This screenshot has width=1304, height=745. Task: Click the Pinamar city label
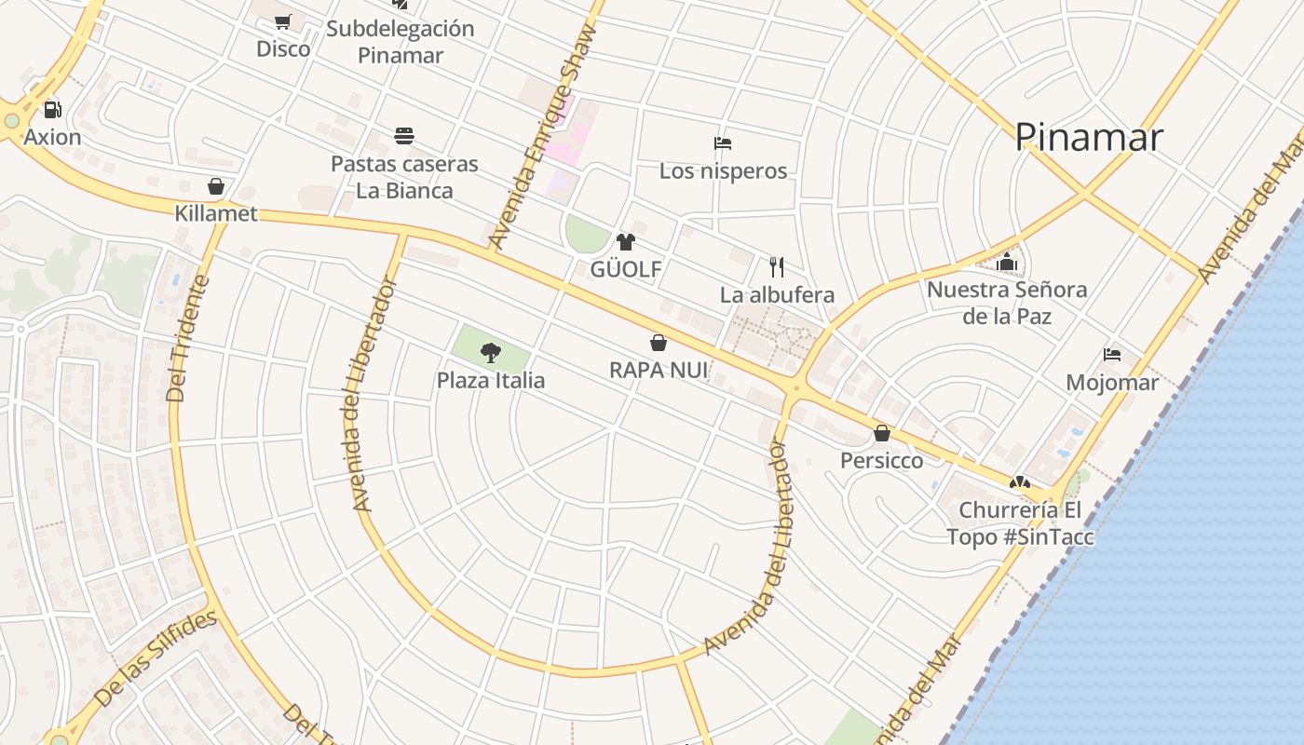pyautogui.click(x=1089, y=137)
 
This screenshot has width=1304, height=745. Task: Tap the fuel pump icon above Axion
pyautogui.click(x=53, y=110)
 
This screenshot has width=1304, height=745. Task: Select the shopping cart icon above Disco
pyautogui.click(x=283, y=21)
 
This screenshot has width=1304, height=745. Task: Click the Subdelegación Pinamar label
pyautogui.click(x=401, y=42)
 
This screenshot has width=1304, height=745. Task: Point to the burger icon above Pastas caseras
pyautogui.click(x=404, y=136)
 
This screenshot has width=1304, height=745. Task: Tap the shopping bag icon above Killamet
pyautogui.click(x=216, y=186)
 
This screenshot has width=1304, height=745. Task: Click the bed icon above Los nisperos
pyautogui.click(x=723, y=143)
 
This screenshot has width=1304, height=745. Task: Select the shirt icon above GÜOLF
pyautogui.click(x=626, y=242)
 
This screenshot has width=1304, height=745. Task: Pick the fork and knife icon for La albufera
pyautogui.click(x=778, y=267)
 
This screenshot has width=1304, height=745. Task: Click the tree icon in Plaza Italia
pyautogui.click(x=491, y=352)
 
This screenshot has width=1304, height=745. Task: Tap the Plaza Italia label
pyautogui.click(x=491, y=380)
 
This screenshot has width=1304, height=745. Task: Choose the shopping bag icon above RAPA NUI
pyautogui.click(x=659, y=343)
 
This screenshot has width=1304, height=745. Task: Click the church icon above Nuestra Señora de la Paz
pyautogui.click(x=1007, y=262)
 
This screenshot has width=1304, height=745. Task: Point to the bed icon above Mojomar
pyautogui.click(x=1112, y=355)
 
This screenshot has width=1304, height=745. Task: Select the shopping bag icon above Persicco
pyautogui.click(x=882, y=433)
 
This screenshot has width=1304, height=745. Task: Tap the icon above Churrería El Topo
pyautogui.click(x=1020, y=482)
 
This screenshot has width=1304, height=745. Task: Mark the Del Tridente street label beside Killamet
pyautogui.click(x=189, y=338)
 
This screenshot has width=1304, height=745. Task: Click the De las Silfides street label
pyautogui.click(x=156, y=657)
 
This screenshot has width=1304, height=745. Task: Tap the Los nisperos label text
pyautogui.click(x=723, y=171)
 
